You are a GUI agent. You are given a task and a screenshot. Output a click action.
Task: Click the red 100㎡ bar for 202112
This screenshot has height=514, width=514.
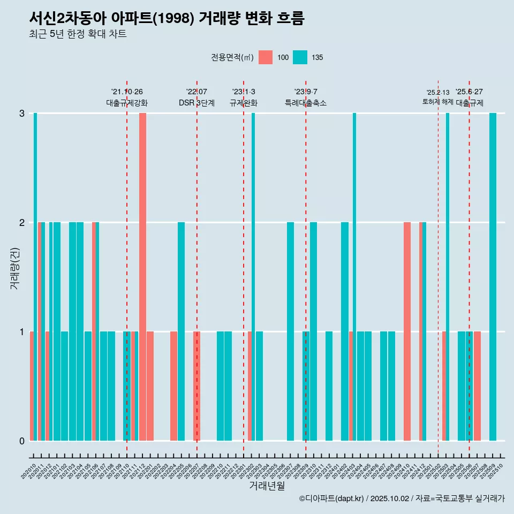coord(142,276)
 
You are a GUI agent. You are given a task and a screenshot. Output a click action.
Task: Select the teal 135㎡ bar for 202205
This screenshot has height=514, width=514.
coord(182,331)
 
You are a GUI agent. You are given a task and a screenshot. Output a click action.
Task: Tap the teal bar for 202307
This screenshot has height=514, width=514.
coord(290,331)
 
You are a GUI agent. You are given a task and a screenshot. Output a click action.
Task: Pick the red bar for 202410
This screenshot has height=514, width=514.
coord(407,331)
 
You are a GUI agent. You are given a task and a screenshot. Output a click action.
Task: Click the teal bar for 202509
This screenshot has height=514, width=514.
coord(493,276)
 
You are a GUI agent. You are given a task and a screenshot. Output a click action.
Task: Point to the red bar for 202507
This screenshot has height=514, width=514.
coord(477,385)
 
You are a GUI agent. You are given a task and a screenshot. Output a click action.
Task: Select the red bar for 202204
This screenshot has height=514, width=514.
coord(173,385)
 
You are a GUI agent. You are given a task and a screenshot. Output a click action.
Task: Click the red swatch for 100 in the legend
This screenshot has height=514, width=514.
coord(266,57)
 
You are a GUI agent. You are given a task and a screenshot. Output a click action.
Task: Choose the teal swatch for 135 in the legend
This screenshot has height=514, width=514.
coord(300,57)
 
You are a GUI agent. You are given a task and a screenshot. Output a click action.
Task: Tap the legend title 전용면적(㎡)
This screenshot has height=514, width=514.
coord(232,57)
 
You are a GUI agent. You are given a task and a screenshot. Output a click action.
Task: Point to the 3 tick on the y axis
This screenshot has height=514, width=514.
coord(22,114)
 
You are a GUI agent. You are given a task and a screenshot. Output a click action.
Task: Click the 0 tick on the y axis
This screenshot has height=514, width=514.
coord(22,441)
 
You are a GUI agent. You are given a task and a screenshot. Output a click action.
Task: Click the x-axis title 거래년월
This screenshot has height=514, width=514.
coord(267,486)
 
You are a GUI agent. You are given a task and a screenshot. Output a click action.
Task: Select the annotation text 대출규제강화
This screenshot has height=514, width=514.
coord(127,103)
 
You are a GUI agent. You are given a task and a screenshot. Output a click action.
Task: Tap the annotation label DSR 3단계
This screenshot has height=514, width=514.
coord(196,103)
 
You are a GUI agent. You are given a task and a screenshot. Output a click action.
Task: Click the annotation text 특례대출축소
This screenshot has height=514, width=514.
coord(305,103)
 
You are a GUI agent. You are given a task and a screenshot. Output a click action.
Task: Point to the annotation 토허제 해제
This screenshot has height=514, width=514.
coord(438,102)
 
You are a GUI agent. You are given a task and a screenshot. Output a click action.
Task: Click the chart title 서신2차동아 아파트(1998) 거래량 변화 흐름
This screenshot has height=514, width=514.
coord(167,19)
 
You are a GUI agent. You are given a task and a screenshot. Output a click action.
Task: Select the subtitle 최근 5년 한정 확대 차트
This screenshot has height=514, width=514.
coord(78,34)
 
